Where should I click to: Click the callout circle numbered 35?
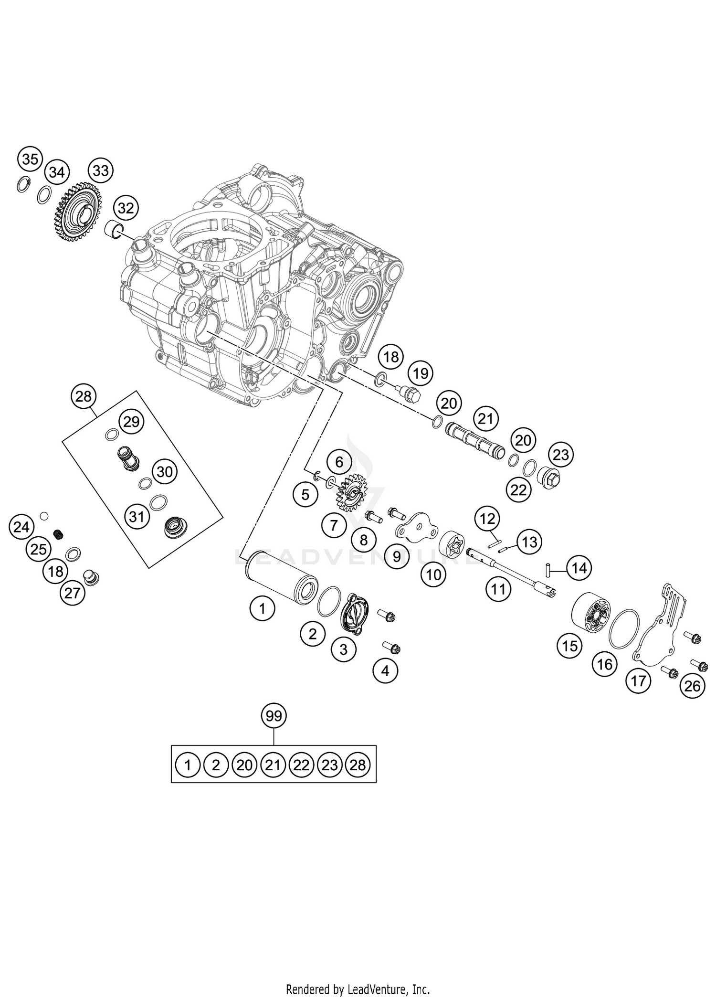pyautogui.click(x=30, y=159)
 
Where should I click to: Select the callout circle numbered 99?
pyautogui.click(x=274, y=716)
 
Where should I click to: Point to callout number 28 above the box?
pyautogui.click(x=84, y=396)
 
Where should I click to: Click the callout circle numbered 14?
pyautogui.click(x=579, y=568)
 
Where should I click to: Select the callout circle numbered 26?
pyautogui.click(x=692, y=686)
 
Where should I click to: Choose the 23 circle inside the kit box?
pyautogui.click(x=329, y=765)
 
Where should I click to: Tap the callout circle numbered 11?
pyautogui.click(x=498, y=589)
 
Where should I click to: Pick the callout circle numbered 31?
pyautogui.click(x=137, y=516)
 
